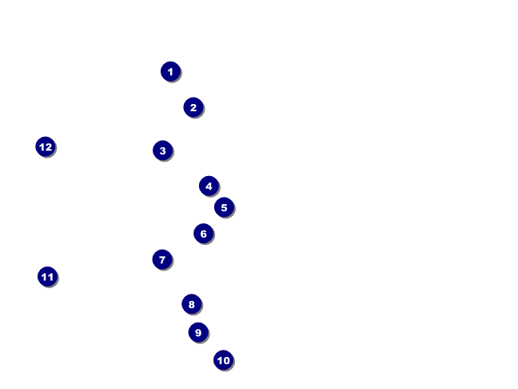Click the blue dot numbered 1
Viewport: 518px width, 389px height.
170,71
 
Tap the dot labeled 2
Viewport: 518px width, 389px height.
193,107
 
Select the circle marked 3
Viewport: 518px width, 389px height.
162,150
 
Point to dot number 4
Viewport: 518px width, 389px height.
209,186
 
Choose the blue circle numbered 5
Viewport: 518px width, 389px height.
224,207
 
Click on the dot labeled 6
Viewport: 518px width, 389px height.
203,234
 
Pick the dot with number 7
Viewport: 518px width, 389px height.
161,259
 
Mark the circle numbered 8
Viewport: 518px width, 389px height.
191,304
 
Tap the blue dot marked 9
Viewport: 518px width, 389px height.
198,332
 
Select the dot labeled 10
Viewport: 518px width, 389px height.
223,360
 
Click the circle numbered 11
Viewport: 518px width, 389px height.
47,277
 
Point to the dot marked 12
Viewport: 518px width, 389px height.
46,146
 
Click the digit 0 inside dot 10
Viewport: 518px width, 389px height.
226,361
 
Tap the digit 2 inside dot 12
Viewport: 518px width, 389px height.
49,147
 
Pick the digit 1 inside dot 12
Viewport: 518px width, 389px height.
42,147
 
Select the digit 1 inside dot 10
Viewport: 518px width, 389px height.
219,361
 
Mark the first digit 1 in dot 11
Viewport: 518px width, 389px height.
44,278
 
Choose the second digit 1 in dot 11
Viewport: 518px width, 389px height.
50,278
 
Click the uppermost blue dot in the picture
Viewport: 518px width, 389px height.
170,71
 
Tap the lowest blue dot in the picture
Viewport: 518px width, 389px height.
223,360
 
